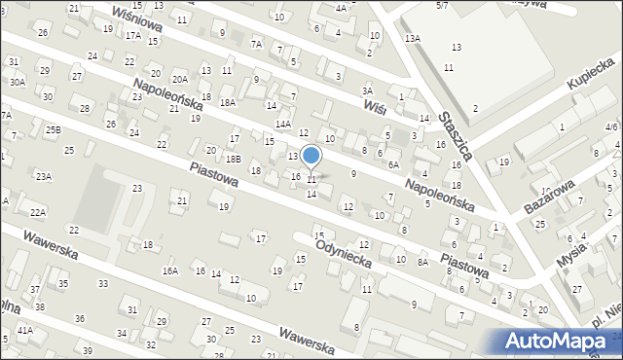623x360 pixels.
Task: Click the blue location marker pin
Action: tap(311, 156)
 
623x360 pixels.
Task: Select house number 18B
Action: tap(233, 158)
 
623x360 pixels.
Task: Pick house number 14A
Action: tap(282, 124)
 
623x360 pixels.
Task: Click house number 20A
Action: tap(180, 80)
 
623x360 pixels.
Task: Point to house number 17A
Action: tap(132, 35)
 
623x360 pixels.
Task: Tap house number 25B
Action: tap(53, 129)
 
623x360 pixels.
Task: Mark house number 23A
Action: tap(44, 176)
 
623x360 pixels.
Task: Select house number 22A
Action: tap(38, 211)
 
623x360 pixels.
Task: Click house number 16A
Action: tap(170, 271)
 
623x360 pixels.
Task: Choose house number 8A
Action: tap(422, 262)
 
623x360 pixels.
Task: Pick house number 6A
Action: tap(393, 164)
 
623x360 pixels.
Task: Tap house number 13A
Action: tap(413, 38)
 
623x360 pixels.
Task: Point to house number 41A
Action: tap(24, 331)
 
